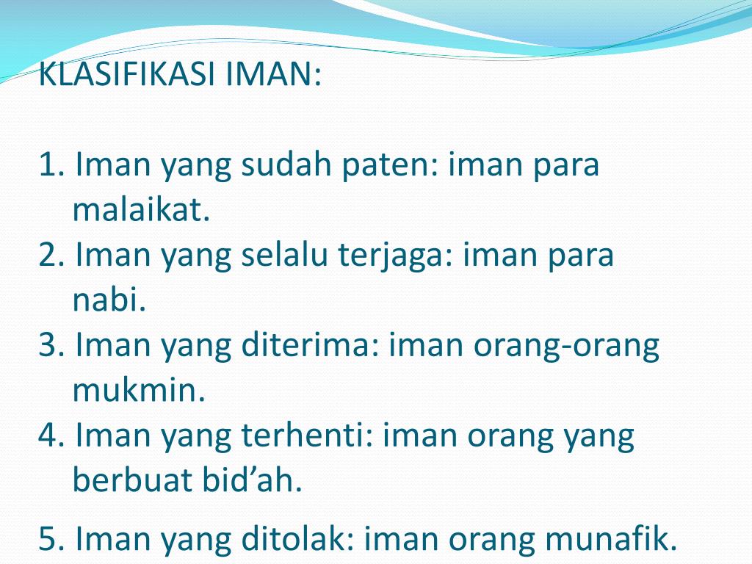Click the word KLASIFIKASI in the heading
click(x=126, y=75)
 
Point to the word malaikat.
click(x=141, y=211)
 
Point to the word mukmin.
click(x=138, y=391)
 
